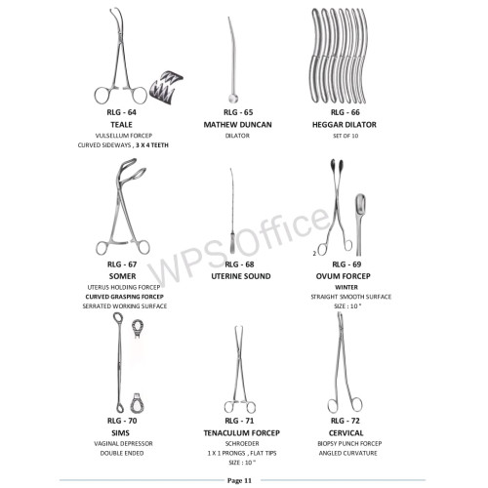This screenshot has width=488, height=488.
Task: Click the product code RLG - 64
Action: (x=121, y=112)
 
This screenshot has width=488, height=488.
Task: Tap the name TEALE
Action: (x=121, y=125)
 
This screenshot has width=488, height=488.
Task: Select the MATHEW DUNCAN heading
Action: (x=237, y=125)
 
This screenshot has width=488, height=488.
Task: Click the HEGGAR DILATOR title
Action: (x=345, y=125)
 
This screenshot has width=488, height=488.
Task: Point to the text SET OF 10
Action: (x=346, y=136)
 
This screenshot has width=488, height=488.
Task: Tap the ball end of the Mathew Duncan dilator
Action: (x=233, y=99)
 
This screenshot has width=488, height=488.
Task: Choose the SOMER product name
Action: (x=122, y=276)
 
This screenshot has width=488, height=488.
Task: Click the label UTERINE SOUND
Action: (x=241, y=276)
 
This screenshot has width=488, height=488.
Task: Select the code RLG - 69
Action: (x=346, y=264)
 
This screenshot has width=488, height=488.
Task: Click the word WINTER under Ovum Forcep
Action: (x=346, y=287)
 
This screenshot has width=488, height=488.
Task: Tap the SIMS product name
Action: (x=120, y=433)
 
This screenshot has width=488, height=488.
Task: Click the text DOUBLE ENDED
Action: (x=122, y=453)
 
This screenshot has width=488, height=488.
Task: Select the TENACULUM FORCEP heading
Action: (x=241, y=433)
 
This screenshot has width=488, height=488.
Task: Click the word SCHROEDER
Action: (x=242, y=443)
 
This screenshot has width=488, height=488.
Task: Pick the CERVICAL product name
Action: (x=346, y=433)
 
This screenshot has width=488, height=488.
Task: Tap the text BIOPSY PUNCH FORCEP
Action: (x=349, y=443)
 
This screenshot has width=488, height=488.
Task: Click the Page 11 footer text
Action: (x=239, y=480)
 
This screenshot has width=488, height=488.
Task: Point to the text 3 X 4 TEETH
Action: (x=152, y=145)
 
